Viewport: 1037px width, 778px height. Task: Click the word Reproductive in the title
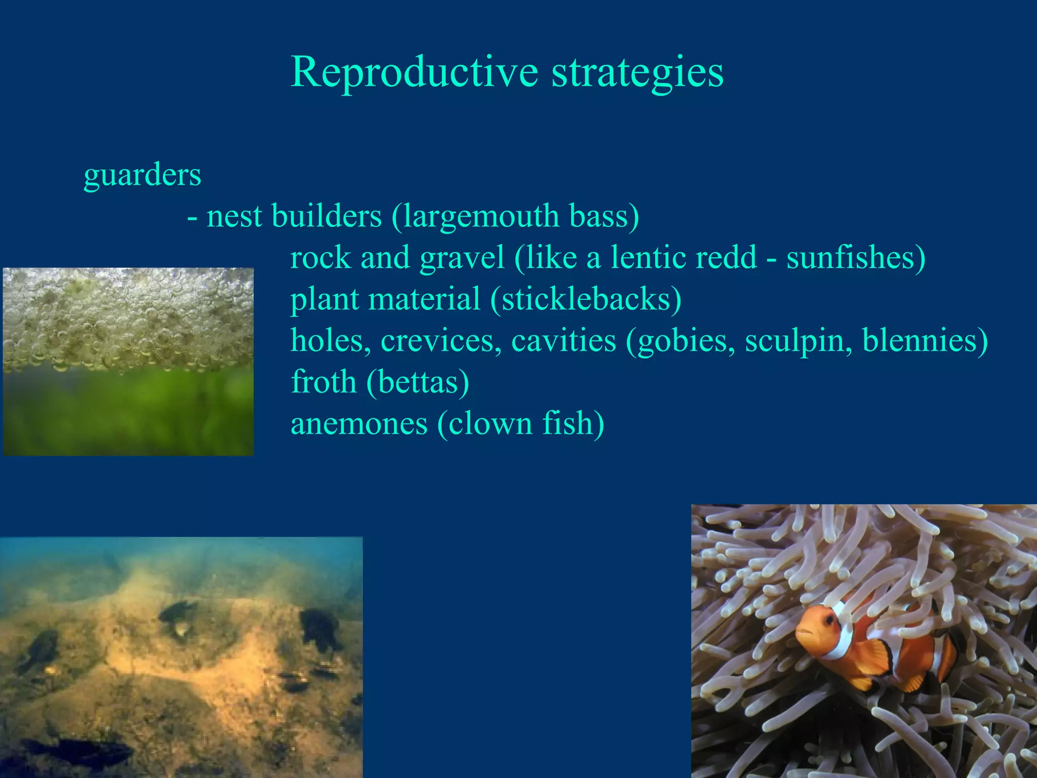click(414, 72)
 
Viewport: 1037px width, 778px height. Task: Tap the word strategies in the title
click(637, 72)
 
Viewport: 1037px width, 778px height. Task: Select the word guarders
click(142, 175)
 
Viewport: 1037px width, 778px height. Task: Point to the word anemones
click(359, 423)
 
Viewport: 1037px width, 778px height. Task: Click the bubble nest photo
click(128, 362)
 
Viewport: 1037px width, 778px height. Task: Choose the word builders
click(327, 216)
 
